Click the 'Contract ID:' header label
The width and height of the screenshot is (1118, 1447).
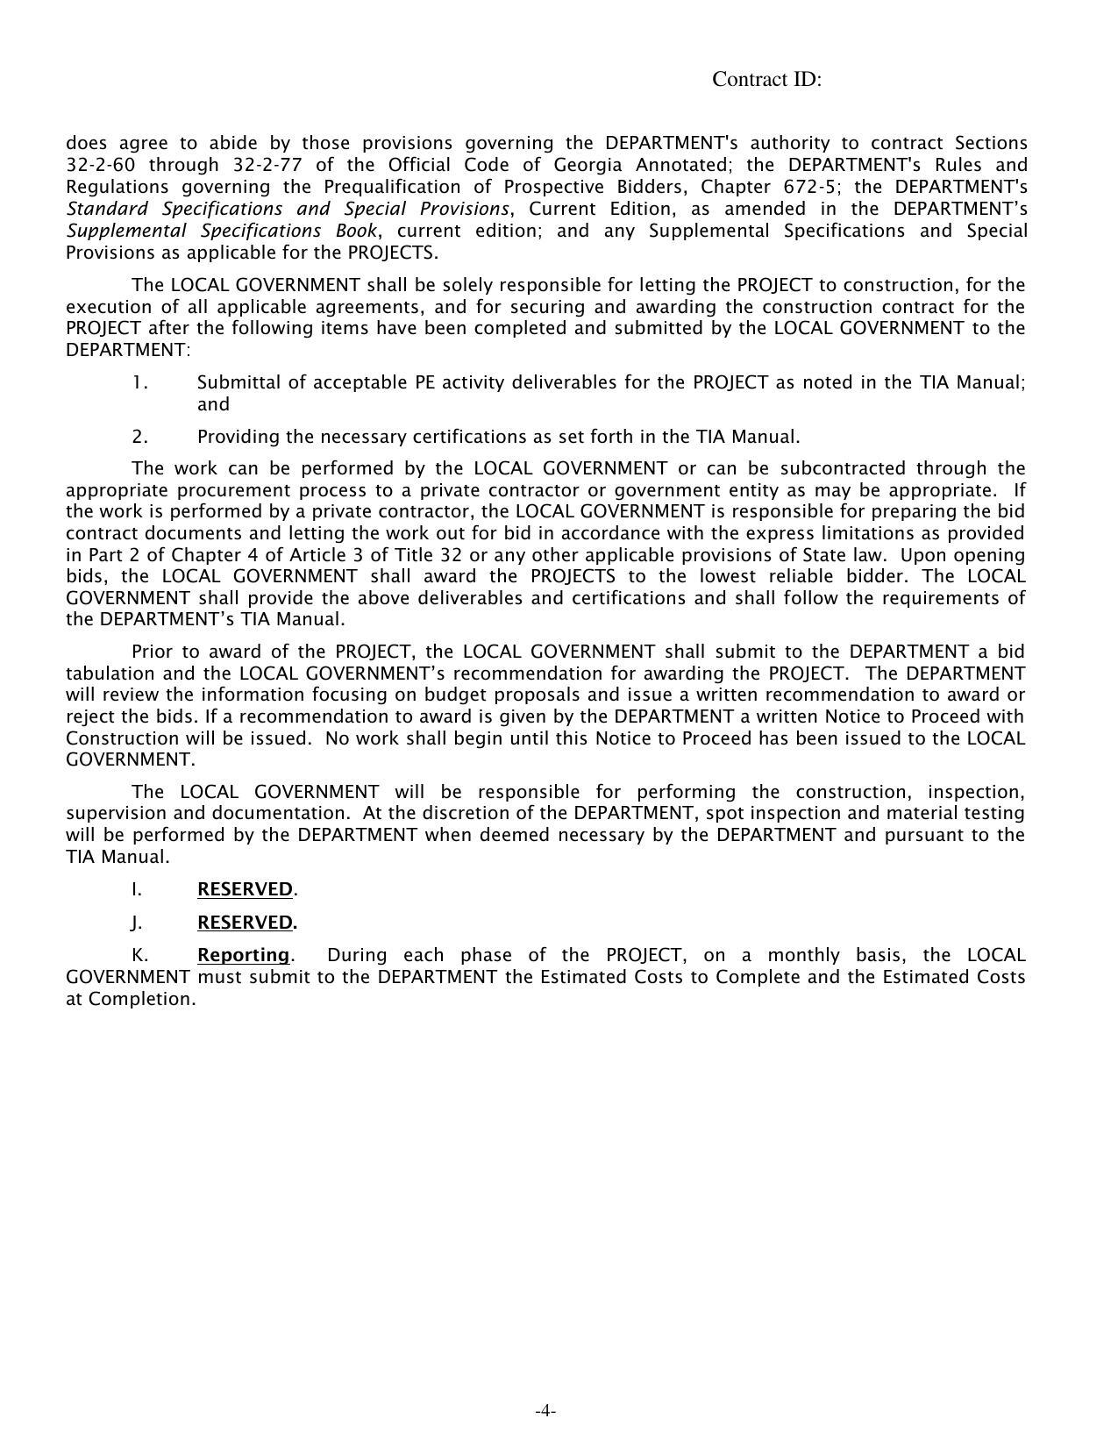click(x=766, y=80)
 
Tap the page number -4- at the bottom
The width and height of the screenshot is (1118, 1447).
click(x=545, y=1411)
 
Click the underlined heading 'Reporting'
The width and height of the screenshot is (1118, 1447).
click(x=243, y=955)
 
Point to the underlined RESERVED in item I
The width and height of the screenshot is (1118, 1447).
click(x=245, y=889)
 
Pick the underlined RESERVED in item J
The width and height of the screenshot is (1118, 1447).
click(x=245, y=923)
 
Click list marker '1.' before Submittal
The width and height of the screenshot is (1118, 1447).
click(x=140, y=382)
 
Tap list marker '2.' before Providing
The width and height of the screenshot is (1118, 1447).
click(x=140, y=437)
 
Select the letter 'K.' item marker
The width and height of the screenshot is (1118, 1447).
click(x=139, y=955)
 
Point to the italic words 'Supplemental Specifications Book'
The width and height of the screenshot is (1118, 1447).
click(x=222, y=231)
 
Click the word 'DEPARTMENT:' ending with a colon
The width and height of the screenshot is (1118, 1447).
click(x=128, y=350)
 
